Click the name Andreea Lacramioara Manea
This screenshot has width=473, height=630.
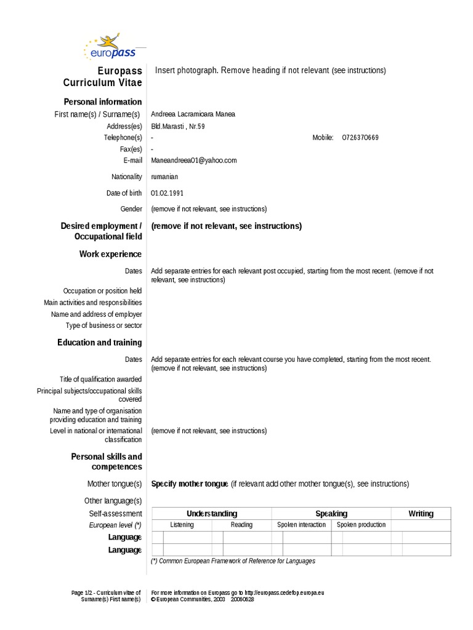[x=192, y=114]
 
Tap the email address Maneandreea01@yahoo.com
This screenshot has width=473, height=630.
[x=193, y=161]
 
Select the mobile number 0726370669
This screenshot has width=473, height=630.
[x=360, y=138]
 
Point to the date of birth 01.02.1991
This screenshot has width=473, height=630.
[x=167, y=193]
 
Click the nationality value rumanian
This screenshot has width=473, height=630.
[x=164, y=177]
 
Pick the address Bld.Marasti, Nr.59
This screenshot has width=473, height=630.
[x=178, y=126]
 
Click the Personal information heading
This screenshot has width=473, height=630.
[x=103, y=102]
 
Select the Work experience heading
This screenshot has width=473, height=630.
[x=110, y=254]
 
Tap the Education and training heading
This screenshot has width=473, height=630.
[x=100, y=343]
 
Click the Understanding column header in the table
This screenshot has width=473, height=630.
[x=211, y=514]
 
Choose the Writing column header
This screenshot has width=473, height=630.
[x=421, y=514]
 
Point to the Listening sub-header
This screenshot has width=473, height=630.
[x=182, y=525]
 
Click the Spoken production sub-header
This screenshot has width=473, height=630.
[x=361, y=525]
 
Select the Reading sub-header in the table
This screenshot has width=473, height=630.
[x=241, y=525]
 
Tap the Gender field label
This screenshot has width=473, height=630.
[x=131, y=209]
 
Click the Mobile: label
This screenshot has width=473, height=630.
[x=323, y=138]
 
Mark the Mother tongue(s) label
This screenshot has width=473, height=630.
[x=115, y=484]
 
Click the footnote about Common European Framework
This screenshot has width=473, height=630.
[x=233, y=561]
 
